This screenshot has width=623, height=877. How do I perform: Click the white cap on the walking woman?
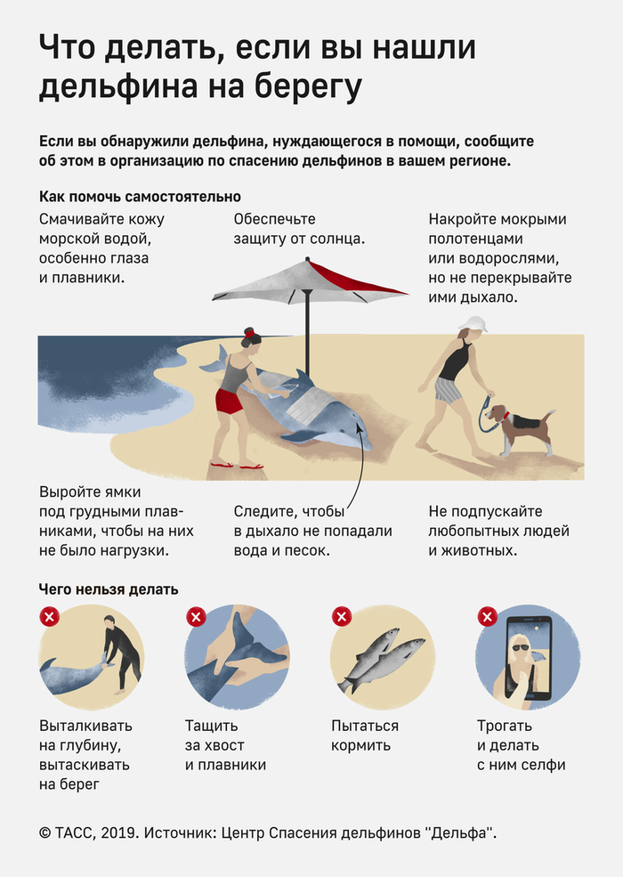pyautogui.click(x=473, y=323)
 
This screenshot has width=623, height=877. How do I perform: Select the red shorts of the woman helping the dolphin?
pyautogui.click(x=229, y=401)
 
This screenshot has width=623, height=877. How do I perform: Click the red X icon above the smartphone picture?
pyautogui.click(x=487, y=616)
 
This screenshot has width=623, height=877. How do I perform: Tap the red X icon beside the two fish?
pyautogui.click(x=342, y=616)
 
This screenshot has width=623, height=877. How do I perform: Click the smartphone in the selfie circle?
pyautogui.click(x=529, y=660)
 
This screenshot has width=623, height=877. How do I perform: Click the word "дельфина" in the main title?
pyautogui.click(x=118, y=87)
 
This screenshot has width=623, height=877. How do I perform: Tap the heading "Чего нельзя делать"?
pyautogui.click(x=109, y=589)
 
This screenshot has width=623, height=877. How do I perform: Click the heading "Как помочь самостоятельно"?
pyautogui.click(x=140, y=196)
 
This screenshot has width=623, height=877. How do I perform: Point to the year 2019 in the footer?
pyautogui.click(x=119, y=832)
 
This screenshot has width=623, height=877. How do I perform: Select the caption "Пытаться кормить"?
pyautogui.click(x=365, y=735)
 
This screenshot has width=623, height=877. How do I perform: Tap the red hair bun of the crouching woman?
pyautogui.click(x=249, y=333)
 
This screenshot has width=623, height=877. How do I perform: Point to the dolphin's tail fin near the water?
pyautogui.click(x=215, y=360)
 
